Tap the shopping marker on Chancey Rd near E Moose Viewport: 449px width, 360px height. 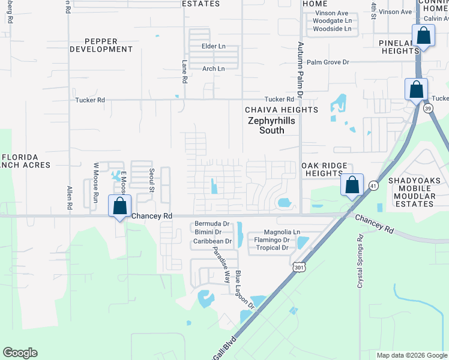(120, 206)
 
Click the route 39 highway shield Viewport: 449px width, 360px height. (427, 109)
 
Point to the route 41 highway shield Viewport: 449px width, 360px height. (373, 186)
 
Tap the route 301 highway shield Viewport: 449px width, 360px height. (298, 266)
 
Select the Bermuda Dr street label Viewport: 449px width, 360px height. (212, 224)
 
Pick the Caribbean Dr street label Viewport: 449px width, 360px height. (212, 241)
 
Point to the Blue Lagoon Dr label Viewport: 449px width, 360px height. (245, 289)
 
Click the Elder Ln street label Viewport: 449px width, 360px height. (214, 46)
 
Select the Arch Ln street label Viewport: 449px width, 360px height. (213, 69)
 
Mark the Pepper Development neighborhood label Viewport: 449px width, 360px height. (101, 45)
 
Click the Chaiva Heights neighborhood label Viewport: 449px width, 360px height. (281, 110)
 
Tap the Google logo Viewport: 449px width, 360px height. (20, 353)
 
